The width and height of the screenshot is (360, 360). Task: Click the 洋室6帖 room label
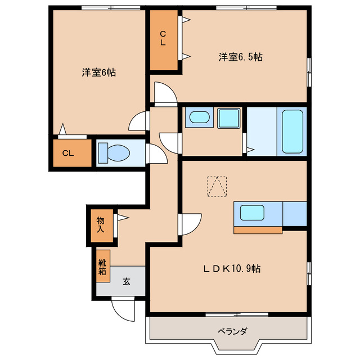[98, 73]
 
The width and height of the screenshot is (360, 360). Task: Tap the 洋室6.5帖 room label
[241, 56]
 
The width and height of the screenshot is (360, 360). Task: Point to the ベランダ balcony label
[232, 331]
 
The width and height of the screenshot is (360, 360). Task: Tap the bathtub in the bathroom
[292, 132]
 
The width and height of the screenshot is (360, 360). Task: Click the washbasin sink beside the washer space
[198, 118]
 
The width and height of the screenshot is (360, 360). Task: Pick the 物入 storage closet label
[100, 224]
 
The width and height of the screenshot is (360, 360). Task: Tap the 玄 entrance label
[127, 282]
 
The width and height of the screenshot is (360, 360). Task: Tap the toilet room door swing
[157, 153]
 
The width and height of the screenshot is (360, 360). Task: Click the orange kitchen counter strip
[258, 229]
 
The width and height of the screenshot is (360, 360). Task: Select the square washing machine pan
[229, 118]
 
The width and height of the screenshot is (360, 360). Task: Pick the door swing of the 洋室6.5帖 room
[163, 93]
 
